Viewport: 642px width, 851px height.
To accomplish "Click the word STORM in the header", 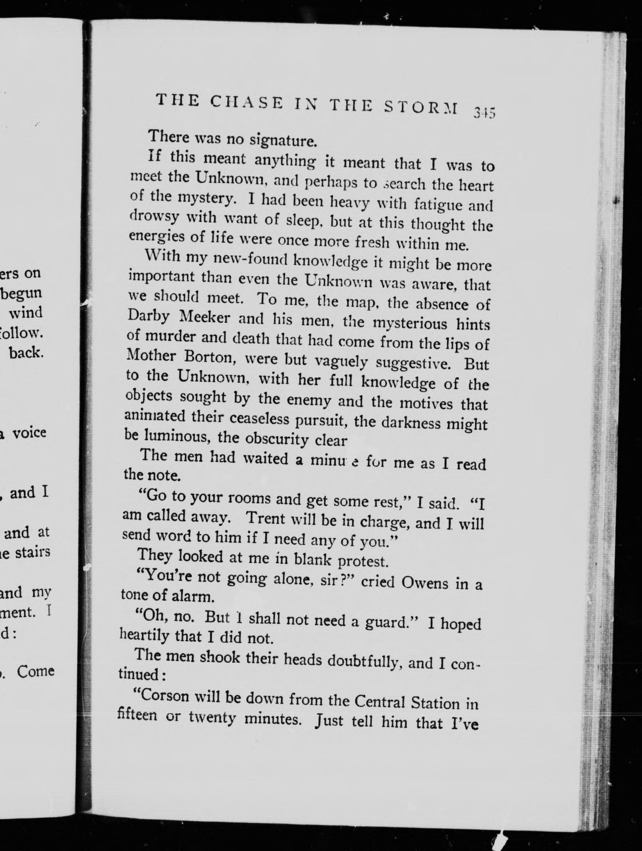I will point(421,107).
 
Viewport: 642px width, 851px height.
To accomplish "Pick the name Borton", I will point(212,357).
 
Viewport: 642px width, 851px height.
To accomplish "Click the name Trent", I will point(265,518).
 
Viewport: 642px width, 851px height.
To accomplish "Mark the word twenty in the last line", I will point(212,718).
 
